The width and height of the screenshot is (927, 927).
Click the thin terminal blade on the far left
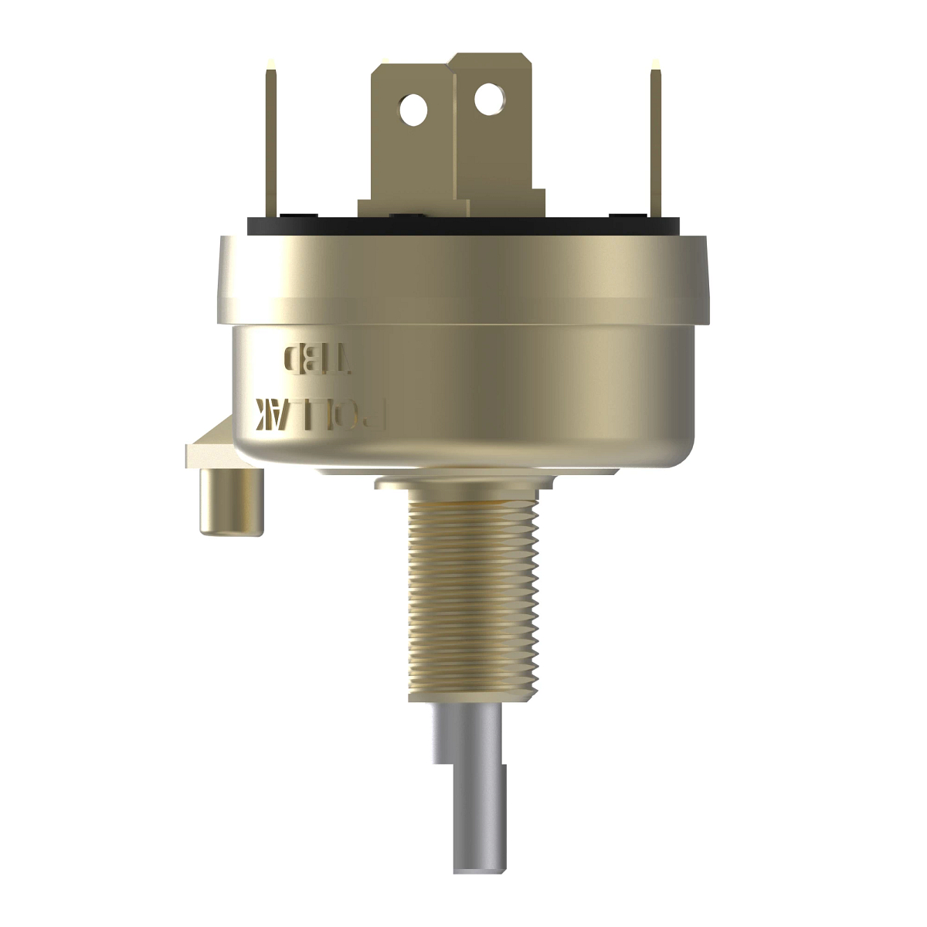[272, 143]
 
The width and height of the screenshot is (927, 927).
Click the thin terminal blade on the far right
[655, 143]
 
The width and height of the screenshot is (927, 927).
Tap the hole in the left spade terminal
[413, 110]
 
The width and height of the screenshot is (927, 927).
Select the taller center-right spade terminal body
[494, 154]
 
